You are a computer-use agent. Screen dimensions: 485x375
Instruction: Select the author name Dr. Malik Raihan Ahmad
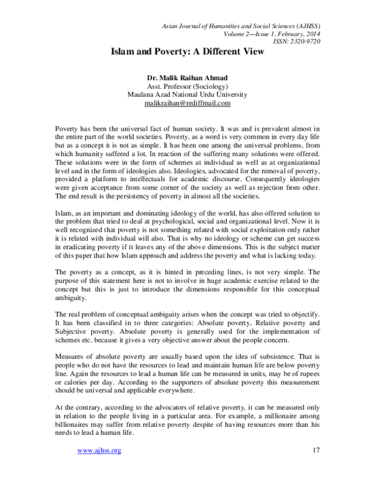point(187,78)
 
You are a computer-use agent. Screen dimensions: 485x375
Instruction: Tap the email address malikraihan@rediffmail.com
point(187,102)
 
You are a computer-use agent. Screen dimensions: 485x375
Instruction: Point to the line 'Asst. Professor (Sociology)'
point(187,86)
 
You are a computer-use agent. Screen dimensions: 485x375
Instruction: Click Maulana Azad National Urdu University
point(187,94)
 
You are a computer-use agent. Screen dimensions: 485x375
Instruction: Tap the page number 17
point(315,467)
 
